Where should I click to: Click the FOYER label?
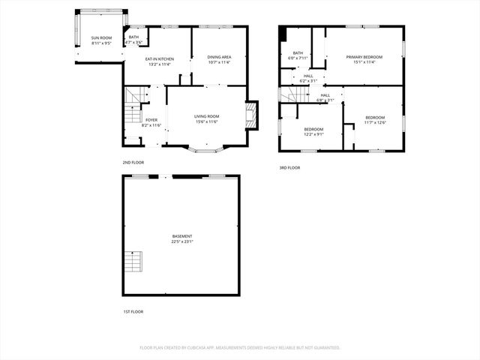(151, 120)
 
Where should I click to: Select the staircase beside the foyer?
(133, 106)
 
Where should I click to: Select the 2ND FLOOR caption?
(133, 162)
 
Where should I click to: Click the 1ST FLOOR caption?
(133, 311)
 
